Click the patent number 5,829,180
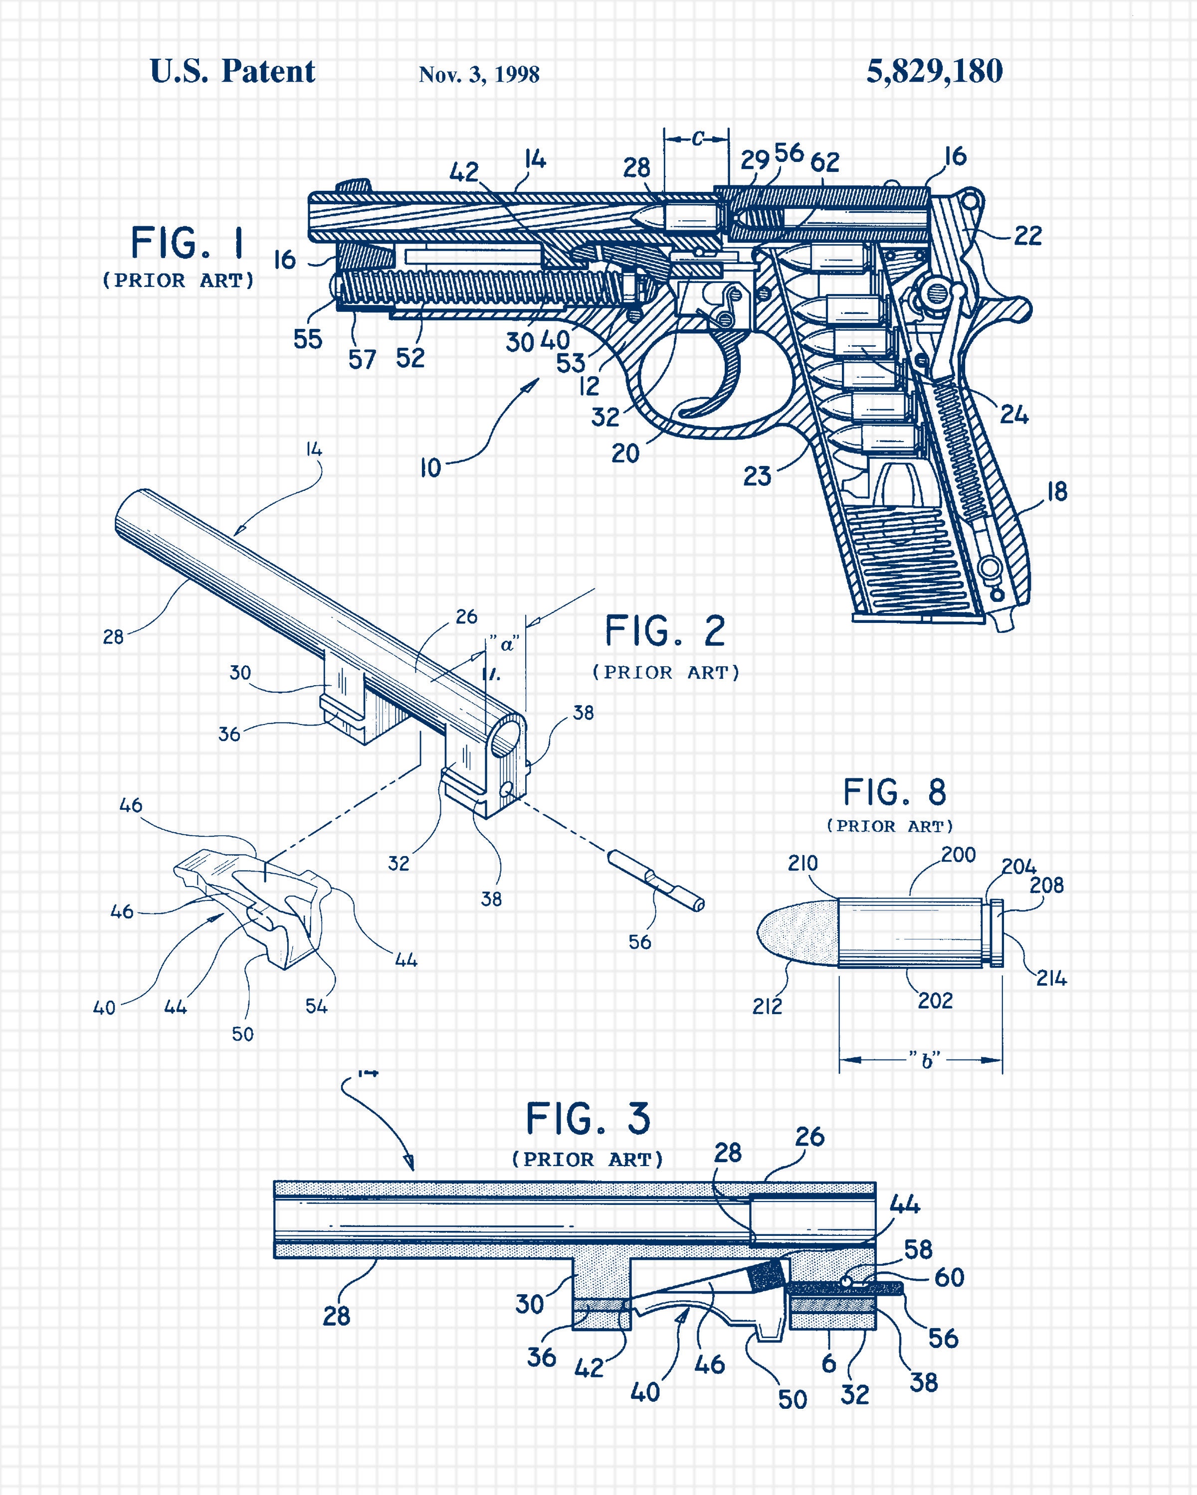click(934, 71)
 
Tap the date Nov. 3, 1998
click(479, 75)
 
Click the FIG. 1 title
click(188, 243)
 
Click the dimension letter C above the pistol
click(697, 139)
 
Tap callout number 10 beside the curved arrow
click(430, 468)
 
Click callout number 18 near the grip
click(1056, 492)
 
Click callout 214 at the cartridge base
click(1051, 978)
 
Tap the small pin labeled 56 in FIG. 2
click(656, 881)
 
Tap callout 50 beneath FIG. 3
click(792, 1399)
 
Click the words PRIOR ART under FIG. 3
click(587, 1160)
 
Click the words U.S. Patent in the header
click(232, 71)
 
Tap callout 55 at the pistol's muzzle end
click(307, 339)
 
